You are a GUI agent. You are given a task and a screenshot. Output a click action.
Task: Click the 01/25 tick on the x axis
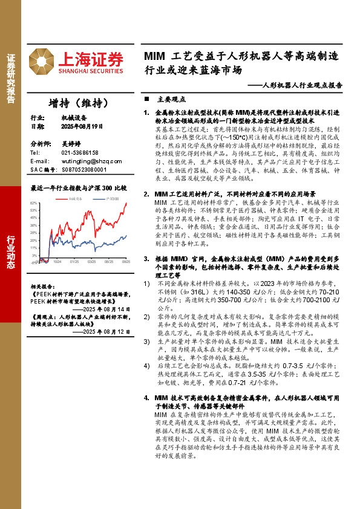tap(74, 262)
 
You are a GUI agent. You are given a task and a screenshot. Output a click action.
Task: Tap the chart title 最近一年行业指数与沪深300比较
tap(78, 188)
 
